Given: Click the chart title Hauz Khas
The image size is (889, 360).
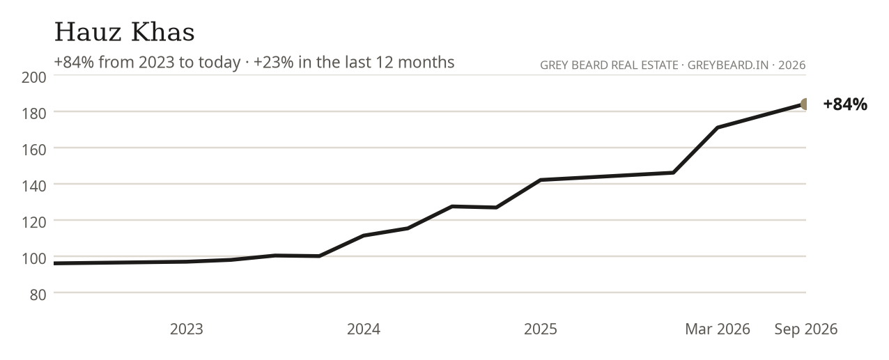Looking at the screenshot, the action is pos(124,32).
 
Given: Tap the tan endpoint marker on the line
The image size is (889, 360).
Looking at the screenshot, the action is pos(805,104).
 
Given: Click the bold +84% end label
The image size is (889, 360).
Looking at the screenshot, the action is pos(845,104).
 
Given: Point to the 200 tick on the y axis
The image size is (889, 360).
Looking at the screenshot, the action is pos(33,77).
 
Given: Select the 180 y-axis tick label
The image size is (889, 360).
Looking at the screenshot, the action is pos(33,114).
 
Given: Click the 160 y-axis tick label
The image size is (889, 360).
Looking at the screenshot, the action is pos(33,150).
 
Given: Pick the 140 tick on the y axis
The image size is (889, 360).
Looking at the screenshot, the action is pos(33,186).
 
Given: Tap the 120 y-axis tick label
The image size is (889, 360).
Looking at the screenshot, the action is pos(33,222).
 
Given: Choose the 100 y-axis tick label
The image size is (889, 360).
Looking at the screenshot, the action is pos(33,258).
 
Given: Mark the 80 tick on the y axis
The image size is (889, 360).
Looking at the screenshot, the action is pos(38,295).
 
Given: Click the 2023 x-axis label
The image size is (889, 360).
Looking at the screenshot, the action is pos(187,329).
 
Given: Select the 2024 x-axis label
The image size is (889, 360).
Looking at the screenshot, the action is pos(364,329).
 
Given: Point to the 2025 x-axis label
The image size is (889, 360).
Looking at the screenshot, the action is pos(541,329).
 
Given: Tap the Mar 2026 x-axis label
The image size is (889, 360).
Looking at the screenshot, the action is pos(718,329).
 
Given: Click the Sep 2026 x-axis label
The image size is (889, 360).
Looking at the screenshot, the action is pos(806,329).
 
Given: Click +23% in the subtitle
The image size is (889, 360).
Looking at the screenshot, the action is pos(273,62).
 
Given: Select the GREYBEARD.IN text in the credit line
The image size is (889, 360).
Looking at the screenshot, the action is pos(728,65).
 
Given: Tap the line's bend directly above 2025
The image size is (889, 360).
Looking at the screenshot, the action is pos(541,180).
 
